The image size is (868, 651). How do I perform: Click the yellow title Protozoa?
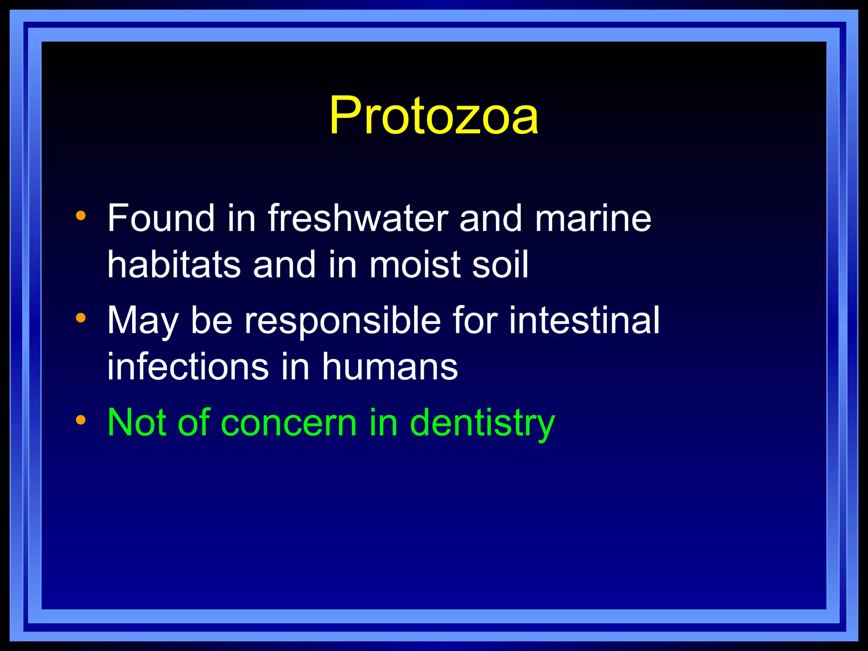(x=434, y=115)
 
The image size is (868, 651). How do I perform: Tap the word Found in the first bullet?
(x=161, y=218)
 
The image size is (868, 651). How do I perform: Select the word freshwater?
(x=358, y=218)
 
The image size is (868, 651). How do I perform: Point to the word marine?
(x=593, y=218)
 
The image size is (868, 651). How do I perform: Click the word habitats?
(x=174, y=264)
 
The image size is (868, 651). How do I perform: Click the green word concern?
(x=289, y=423)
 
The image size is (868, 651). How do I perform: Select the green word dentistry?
(x=482, y=423)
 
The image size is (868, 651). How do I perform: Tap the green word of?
(x=194, y=422)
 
